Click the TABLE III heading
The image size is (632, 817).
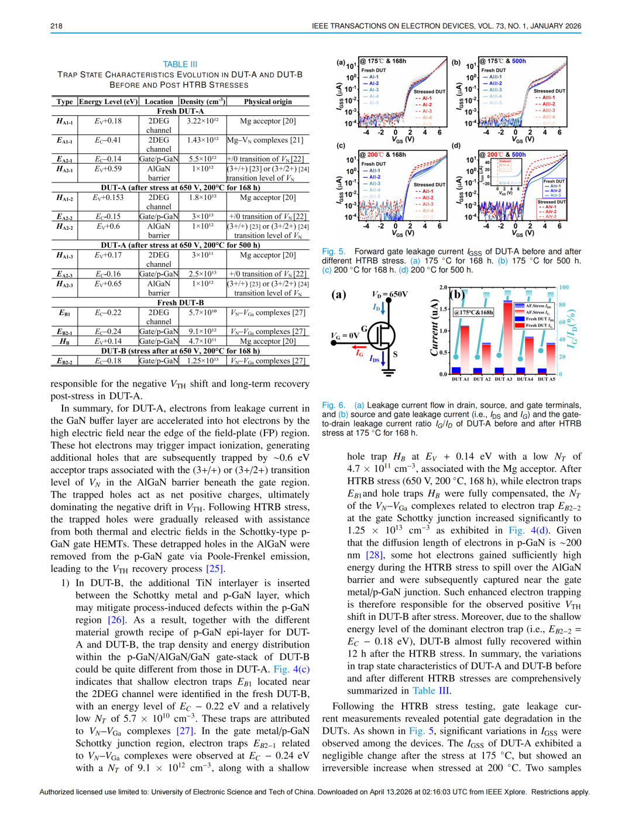click(x=180, y=64)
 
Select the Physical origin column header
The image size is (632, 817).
click(x=267, y=102)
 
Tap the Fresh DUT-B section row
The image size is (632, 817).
click(x=180, y=303)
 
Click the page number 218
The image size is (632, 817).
click(x=56, y=26)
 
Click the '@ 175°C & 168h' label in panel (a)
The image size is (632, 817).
click(x=383, y=61)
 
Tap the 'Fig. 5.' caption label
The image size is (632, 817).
click(x=334, y=251)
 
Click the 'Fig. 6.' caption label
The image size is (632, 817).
click(x=334, y=405)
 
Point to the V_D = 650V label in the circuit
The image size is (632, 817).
click(x=390, y=294)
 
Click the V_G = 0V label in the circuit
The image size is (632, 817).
click(x=345, y=336)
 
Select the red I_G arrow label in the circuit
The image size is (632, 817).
click(x=359, y=353)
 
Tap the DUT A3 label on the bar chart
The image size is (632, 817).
click(x=503, y=379)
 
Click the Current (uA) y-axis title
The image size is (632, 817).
click(x=434, y=328)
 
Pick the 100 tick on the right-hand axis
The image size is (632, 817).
click(x=564, y=288)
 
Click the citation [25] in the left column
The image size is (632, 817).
click(x=215, y=568)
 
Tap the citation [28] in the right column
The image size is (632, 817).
click(x=374, y=555)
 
